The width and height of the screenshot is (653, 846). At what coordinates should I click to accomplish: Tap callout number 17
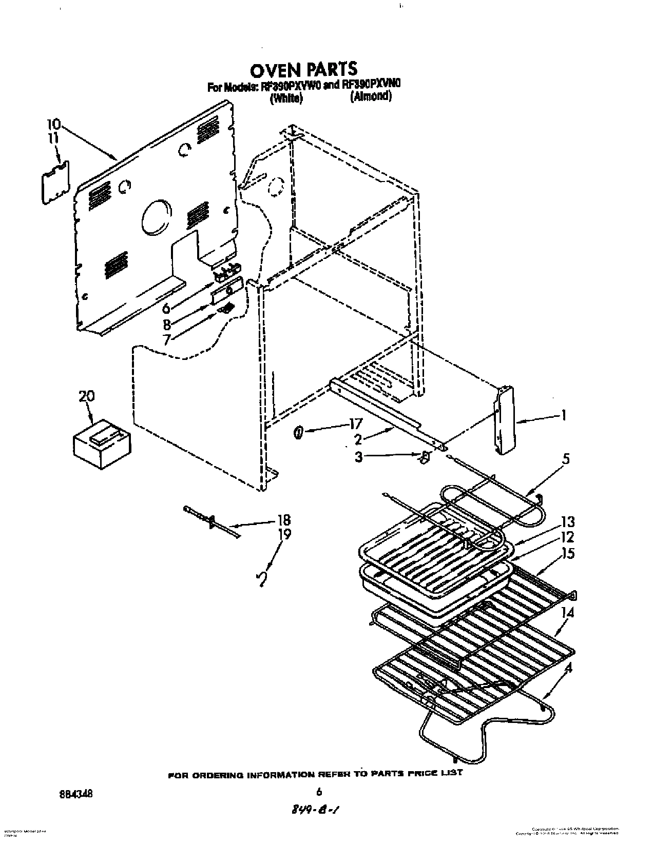pos(355,424)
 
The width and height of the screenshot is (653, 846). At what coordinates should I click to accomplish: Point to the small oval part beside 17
pos(298,434)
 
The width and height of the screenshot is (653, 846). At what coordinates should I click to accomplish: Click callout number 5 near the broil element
pos(565,458)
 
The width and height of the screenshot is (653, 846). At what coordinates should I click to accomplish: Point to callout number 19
pos(284,534)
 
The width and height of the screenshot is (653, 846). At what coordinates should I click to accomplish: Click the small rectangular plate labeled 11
pos(54,180)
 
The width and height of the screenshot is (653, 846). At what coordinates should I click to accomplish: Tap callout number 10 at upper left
pos(53,124)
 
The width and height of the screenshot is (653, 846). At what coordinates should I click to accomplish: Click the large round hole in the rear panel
pos(157,217)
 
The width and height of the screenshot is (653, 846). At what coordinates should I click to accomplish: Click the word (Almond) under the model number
pos(371,96)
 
